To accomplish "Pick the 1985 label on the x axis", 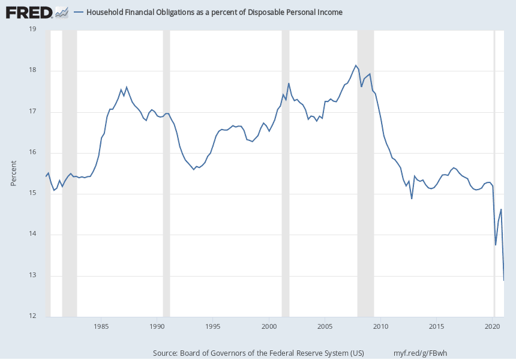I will click(x=101, y=326).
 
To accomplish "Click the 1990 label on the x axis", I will click(x=157, y=326).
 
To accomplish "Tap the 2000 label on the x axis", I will click(x=269, y=326).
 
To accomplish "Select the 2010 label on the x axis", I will click(x=380, y=326).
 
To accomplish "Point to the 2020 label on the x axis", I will click(x=493, y=326).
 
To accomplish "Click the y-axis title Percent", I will click(x=14, y=173).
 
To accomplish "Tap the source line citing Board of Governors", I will click(x=259, y=352).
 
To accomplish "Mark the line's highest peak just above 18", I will click(x=356, y=65).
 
